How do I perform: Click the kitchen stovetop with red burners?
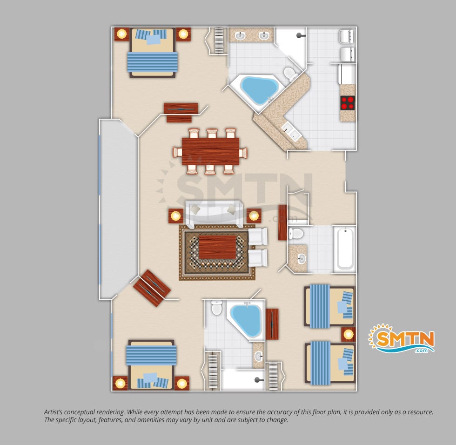pos(348,103)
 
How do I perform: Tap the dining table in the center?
pos(210,151)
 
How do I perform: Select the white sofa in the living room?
pos(214,214)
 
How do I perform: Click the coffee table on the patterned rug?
pos(217,247)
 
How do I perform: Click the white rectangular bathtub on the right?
pos(345,249)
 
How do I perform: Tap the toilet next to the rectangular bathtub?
pos(295,233)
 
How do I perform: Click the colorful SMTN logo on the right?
pos(401,338)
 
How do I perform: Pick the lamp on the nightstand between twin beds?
pos(349,335)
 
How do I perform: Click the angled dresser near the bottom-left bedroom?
pos(152,288)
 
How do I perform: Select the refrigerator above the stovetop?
pos(347,74)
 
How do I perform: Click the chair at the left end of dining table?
pos(177,152)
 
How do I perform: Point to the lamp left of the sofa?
pos(176,216)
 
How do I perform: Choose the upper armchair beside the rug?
pos(258,236)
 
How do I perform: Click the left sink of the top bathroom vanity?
pos(240,36)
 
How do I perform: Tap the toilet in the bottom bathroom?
pos(217,308)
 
